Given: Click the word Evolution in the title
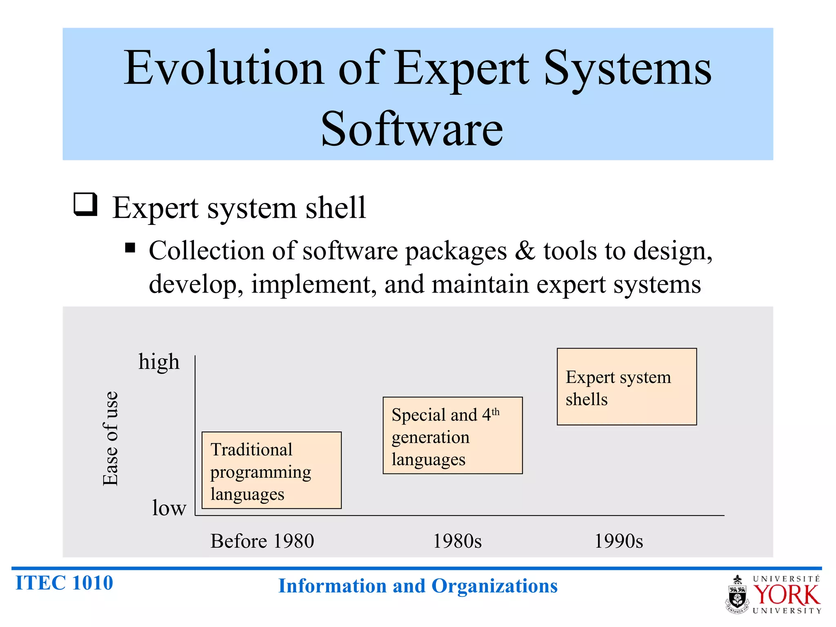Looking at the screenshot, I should coord(224,68).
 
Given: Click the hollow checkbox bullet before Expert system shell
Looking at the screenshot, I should coord(85,204).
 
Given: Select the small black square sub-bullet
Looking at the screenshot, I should coord(130,248).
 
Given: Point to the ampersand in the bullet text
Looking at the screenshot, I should coord(525,250).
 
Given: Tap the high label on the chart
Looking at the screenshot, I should coord(159,362).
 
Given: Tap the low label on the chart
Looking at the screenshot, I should coord(169,508).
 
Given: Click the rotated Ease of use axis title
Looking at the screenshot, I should coord(110,438).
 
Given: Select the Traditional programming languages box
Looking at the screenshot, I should coord(271,470).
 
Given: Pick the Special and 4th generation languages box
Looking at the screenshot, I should coord(452,436).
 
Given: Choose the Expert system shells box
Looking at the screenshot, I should coord(627,387).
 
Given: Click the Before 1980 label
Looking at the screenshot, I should coord(262,541).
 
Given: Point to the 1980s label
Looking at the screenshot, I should coord(457,541).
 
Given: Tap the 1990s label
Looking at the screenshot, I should coord(618,541).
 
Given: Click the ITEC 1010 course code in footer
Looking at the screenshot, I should coord(64,583).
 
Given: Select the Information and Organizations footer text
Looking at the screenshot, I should coord(418,586).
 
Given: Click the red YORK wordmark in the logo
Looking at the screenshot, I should coord(786,595).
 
